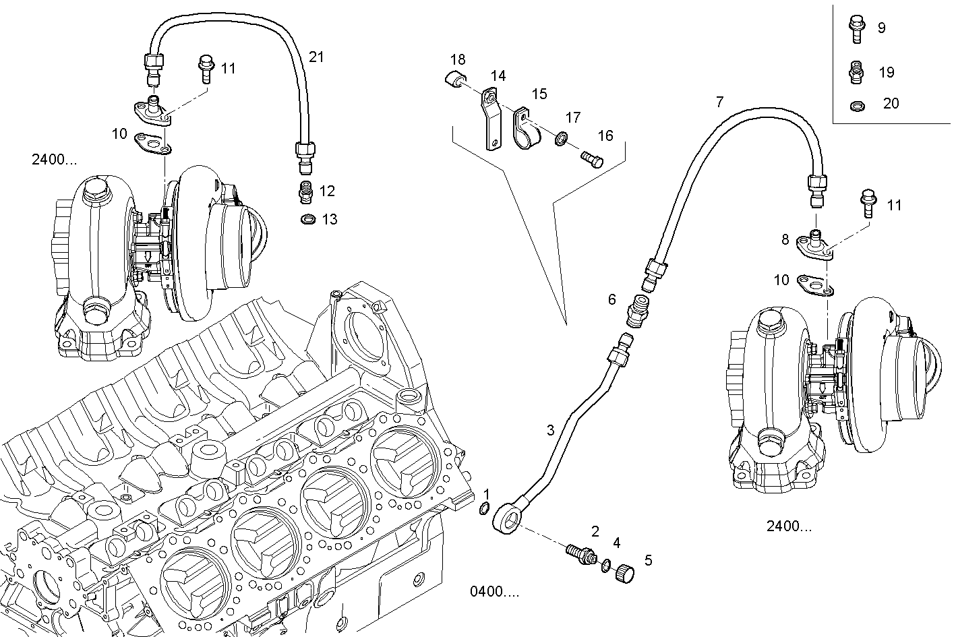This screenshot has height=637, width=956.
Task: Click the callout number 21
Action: click(316, 57)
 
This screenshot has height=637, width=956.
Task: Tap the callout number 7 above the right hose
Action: click(719, 102)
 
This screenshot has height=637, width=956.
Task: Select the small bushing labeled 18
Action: click(457, 80)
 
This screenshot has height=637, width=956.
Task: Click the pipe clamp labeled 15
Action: click(523, 127)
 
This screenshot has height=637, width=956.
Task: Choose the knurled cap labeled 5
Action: click(626, 573)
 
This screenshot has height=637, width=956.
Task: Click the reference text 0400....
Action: click(494, 592)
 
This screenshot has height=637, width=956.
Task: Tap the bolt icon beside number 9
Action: click(856, 29)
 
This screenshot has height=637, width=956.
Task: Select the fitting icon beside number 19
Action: click(856, 73)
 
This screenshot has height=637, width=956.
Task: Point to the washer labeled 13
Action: click(308, 219)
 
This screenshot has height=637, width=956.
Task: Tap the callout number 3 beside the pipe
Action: click(550, 430)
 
